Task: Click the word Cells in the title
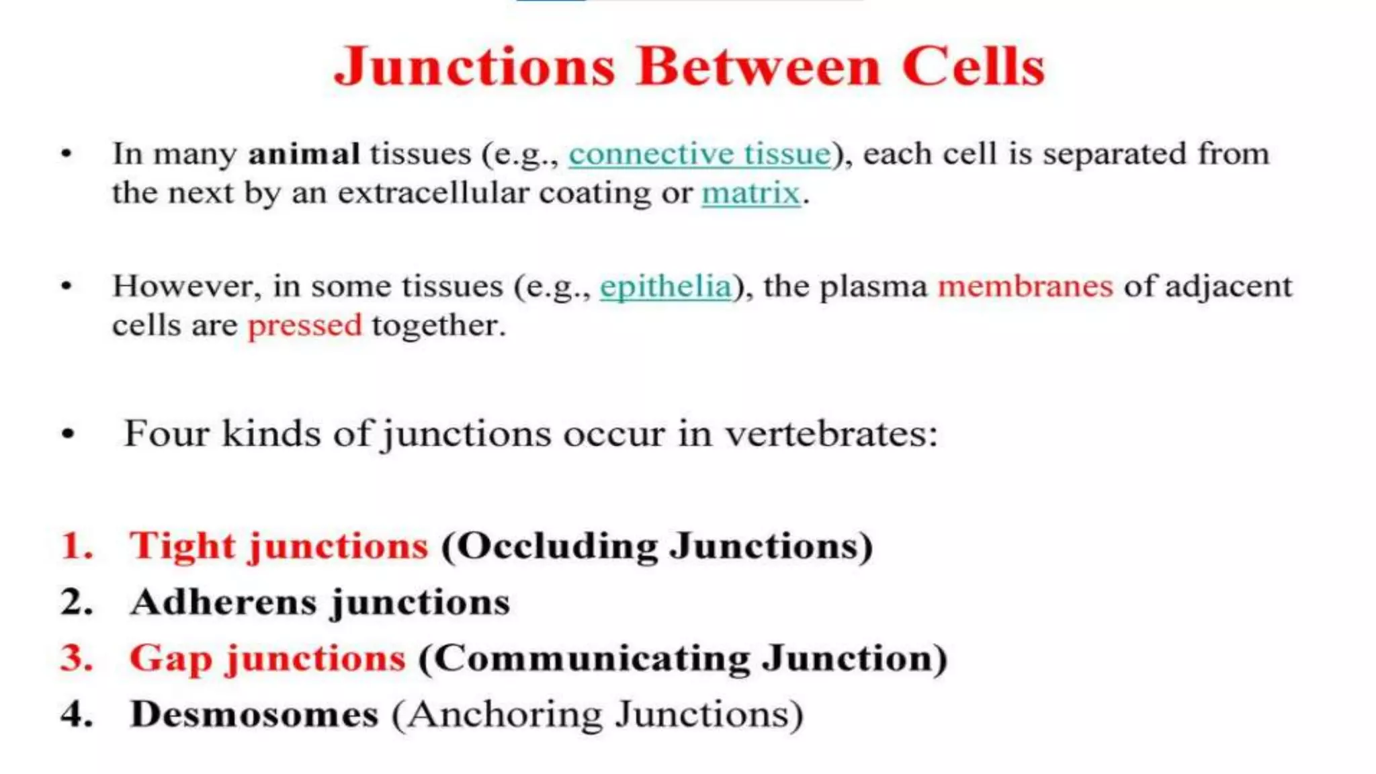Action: click(973, 67)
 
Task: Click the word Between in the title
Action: click(758, 67)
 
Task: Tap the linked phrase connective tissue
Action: click(699, 154)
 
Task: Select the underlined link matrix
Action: click(751, 193)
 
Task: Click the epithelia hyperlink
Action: click(665, 287)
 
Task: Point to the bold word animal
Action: click(304, 154)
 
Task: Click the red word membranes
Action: click(1025, 286)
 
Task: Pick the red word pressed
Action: click(304, 325)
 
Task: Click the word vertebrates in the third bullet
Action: click(830, 433)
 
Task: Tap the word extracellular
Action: click(433, 193)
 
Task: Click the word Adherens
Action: click(224, 601)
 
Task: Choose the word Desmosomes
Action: click(254, 714)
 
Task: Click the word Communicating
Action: click(592, 658)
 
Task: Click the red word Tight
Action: click(182, 545)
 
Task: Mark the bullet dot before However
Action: click(67, 287)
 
